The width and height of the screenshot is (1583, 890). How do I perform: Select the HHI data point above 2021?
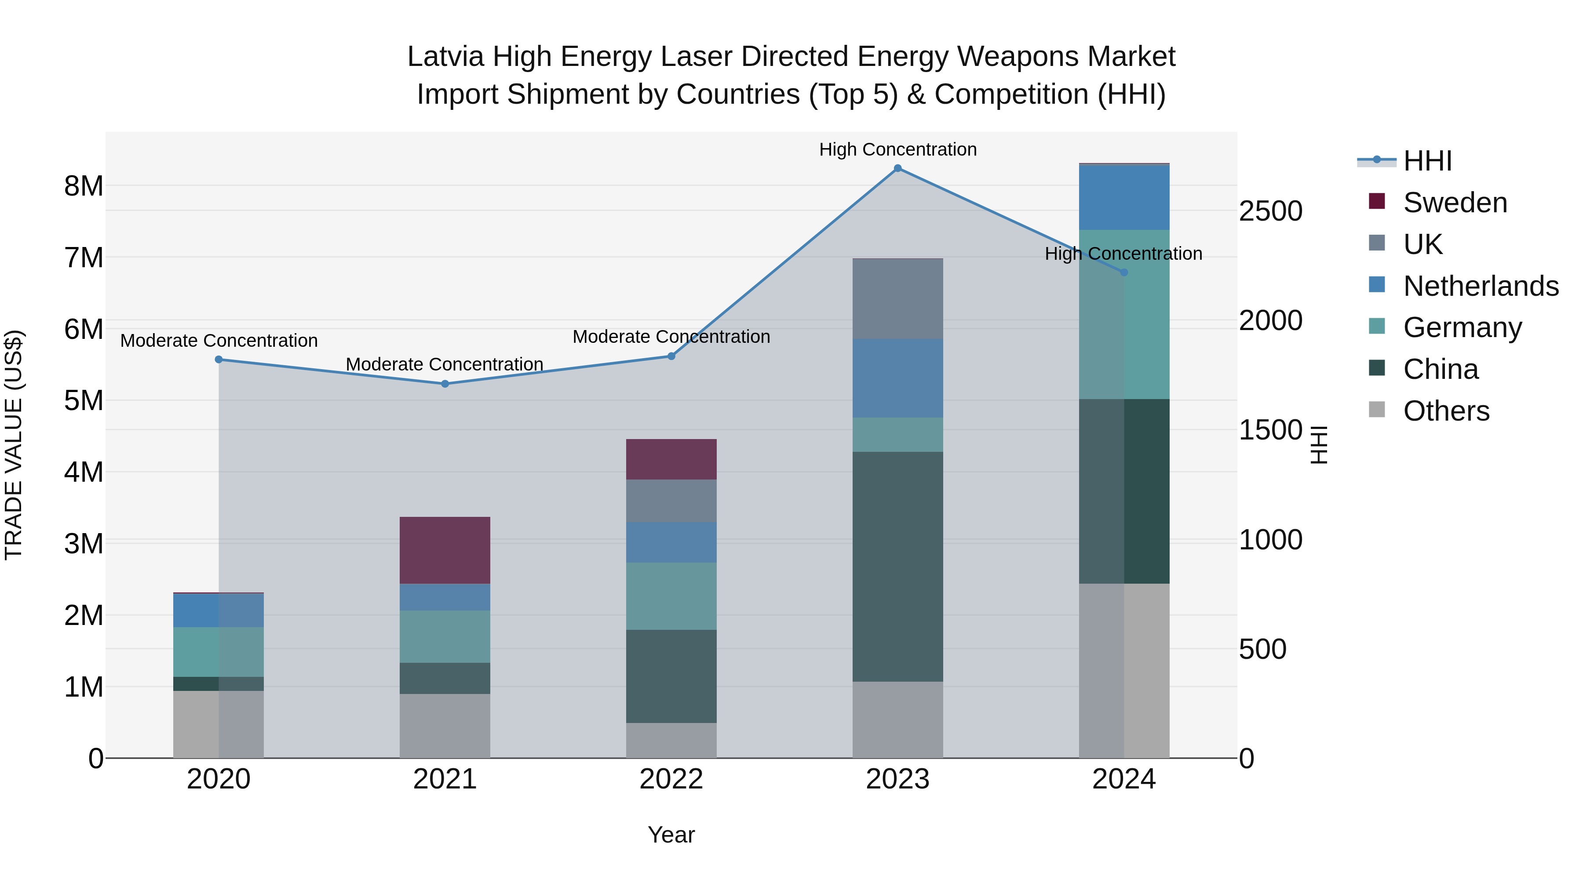445,384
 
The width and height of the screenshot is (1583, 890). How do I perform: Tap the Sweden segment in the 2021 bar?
445,550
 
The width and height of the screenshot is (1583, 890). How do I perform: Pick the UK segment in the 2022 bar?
671,501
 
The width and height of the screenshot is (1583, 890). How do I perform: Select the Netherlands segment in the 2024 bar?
1124,198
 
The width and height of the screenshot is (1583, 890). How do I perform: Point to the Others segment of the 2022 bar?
671,740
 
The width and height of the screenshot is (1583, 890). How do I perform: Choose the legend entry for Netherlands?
1481,286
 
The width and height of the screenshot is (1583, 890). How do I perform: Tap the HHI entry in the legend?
1427,161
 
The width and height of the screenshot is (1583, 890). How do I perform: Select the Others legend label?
1446,411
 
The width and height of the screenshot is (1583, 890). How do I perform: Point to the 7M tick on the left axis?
84,258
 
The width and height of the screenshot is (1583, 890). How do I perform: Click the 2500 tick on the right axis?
1270,211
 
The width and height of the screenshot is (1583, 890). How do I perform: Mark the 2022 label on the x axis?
671,779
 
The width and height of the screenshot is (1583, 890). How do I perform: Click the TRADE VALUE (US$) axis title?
14,445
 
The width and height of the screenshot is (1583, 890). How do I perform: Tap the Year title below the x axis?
671,835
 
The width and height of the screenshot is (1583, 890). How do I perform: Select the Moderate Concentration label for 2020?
219,340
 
